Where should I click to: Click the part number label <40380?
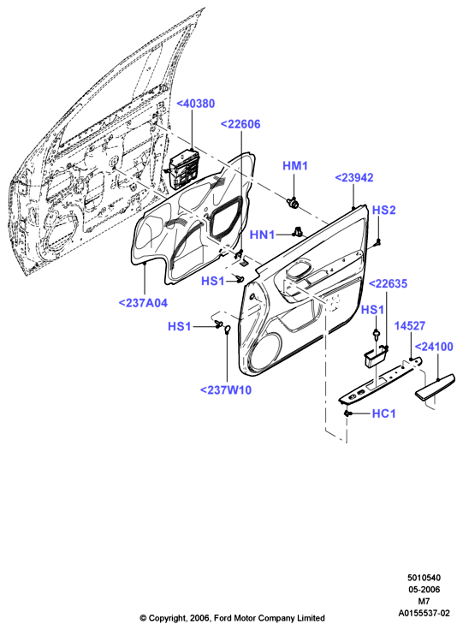click(x=196, y=104)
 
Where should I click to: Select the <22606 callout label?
click(x=240, y=124)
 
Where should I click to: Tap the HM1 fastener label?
click(x=295, y=166)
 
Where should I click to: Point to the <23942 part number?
click(x=353, y=177)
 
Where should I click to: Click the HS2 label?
click(x=384, y=210)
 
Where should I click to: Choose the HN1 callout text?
click(x=262, y=235)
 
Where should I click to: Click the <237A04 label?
click(x=143, y=303)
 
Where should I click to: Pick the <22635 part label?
click(x=388, y=283)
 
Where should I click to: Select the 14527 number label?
click(x=410, y=326)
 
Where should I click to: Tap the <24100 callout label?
click(x=434, y=347)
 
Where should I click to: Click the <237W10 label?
click(x=226, y=390)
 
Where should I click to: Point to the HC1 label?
click(x=384, y=413)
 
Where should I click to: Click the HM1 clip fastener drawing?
click(x=294, y=203)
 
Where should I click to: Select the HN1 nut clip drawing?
click(x=298, y=231)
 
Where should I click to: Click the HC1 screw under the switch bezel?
click(x=347, y=413)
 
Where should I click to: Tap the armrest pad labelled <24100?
click(x=435, y=387)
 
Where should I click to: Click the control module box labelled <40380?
click(x=185, y=169)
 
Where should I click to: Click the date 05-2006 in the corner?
click(x=424, y=590)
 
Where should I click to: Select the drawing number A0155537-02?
click(x=424, y=613)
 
